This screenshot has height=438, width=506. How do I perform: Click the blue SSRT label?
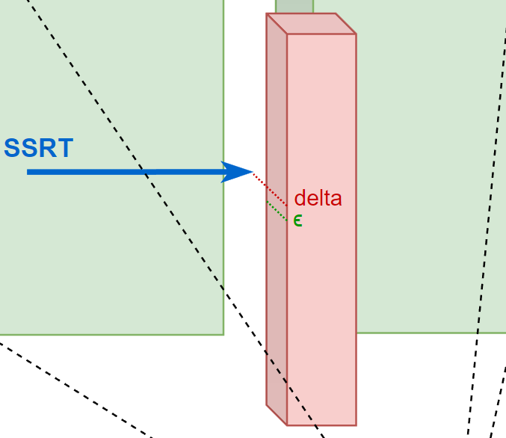[39, 148]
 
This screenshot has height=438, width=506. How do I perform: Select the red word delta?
[318, 199]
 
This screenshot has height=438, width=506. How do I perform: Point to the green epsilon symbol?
[297, 220]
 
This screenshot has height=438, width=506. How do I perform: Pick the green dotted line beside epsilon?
[277, 210]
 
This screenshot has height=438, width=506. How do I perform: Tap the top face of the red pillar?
[311, 24]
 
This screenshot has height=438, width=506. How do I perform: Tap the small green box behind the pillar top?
[294, 7]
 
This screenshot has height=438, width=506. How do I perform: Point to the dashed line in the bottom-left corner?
[75, 389]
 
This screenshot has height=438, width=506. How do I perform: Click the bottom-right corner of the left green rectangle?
[223, 333]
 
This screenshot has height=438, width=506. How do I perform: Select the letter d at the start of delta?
[300, 199]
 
